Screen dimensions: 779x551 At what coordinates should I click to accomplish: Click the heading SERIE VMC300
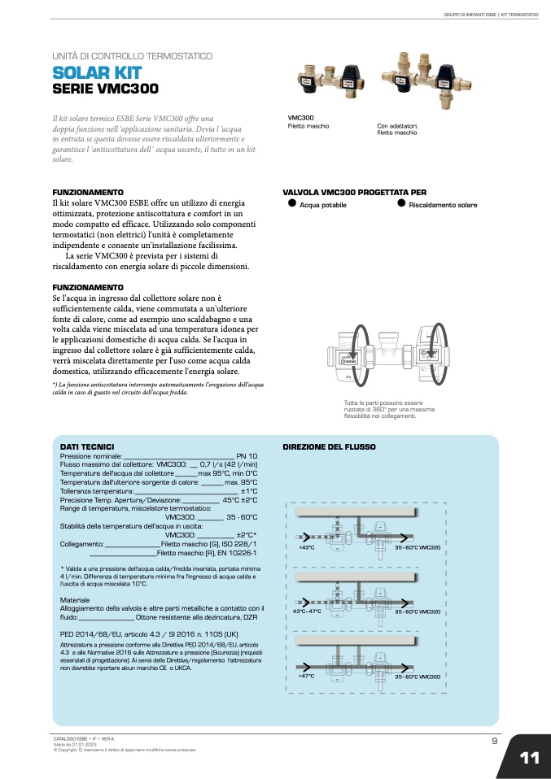pyautogui.click(x=105, y=89)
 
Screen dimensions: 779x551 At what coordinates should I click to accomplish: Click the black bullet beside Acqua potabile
pyautogui.click(x=291, y=203)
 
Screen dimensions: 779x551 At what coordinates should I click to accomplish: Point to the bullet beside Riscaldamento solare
pyautogui.click(x=401, y=203)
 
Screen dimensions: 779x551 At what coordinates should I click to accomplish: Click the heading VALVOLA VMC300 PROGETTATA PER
pyautogui.click(x=354, y=193)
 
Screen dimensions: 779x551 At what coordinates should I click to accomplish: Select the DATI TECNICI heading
pyautogui.click(x=87, y=447)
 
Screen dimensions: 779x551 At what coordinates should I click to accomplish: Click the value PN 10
pyautogui.click(x=247, y=456)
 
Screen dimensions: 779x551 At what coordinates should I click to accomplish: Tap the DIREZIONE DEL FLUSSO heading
pyautogui.click(x=329, y=447)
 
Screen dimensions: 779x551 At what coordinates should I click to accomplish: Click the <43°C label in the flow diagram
pyautogui.click(x=307, y=548)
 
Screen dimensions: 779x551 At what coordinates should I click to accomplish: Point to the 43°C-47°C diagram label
pyautogui.click(x=308, y=611)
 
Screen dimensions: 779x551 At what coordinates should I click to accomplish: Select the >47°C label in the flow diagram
pyautogui.click(x=307, y=677)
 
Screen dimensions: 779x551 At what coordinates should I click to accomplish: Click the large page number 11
pyautogui.click(x=529, y=758)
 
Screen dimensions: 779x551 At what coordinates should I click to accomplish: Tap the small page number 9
pyautogui.click(x=495, y=740)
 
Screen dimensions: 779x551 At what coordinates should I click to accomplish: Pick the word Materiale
pyautogui.click(x=75, y=599)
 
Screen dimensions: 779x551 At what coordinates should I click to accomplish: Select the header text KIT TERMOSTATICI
pyautogui.click(x=520, y=15)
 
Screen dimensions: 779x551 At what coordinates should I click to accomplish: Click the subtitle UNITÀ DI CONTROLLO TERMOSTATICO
pyautogui.click(x=132, y=56)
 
